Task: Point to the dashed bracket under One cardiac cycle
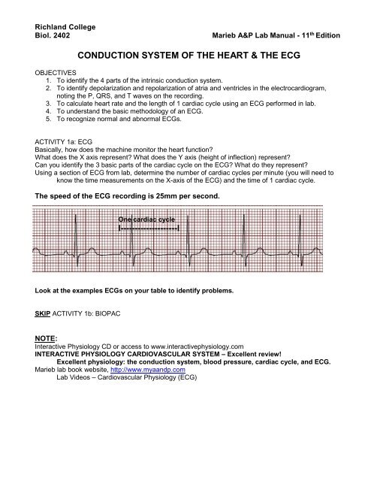coord(149,228)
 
